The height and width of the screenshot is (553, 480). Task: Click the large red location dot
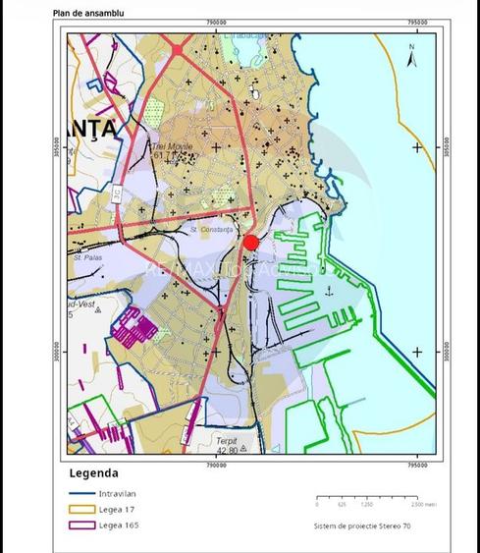[250, 243]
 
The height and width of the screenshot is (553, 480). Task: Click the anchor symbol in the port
[330, 290]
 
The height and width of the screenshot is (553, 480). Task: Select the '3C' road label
[117, 195]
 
